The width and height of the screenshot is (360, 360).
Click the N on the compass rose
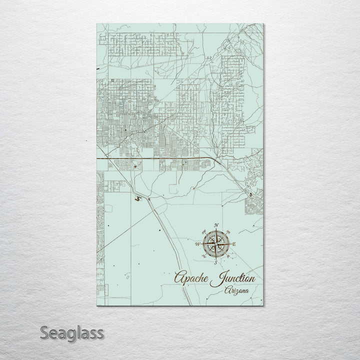216,224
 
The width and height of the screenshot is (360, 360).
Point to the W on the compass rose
197,244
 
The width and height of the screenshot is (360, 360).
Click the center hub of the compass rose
216,243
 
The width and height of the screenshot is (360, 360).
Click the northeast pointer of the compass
227,232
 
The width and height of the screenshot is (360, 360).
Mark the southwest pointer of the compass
204,255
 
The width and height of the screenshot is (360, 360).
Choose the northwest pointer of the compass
204,232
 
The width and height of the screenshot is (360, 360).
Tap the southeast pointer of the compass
227,255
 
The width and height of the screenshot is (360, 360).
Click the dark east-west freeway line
160,158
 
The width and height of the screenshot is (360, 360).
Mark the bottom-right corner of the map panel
264,304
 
